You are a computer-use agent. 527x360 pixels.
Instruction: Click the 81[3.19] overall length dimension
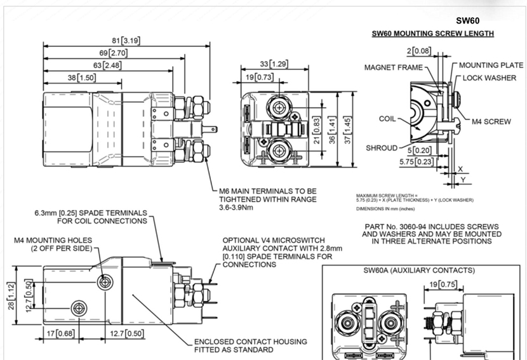click(126, 41)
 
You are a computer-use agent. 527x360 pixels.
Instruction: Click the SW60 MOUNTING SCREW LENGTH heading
click(433, 33)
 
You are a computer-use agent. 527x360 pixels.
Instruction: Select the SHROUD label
click(382, 148)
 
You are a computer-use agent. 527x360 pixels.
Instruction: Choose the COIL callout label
click(387, 119)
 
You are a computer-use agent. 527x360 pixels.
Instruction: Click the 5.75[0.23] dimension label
click(416, 163)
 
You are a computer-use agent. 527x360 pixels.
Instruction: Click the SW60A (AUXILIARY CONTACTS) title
click(418, 270)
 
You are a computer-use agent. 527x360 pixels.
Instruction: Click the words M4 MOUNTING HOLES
click(54, 241)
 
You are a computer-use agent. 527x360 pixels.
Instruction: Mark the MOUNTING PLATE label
click(491, 65)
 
